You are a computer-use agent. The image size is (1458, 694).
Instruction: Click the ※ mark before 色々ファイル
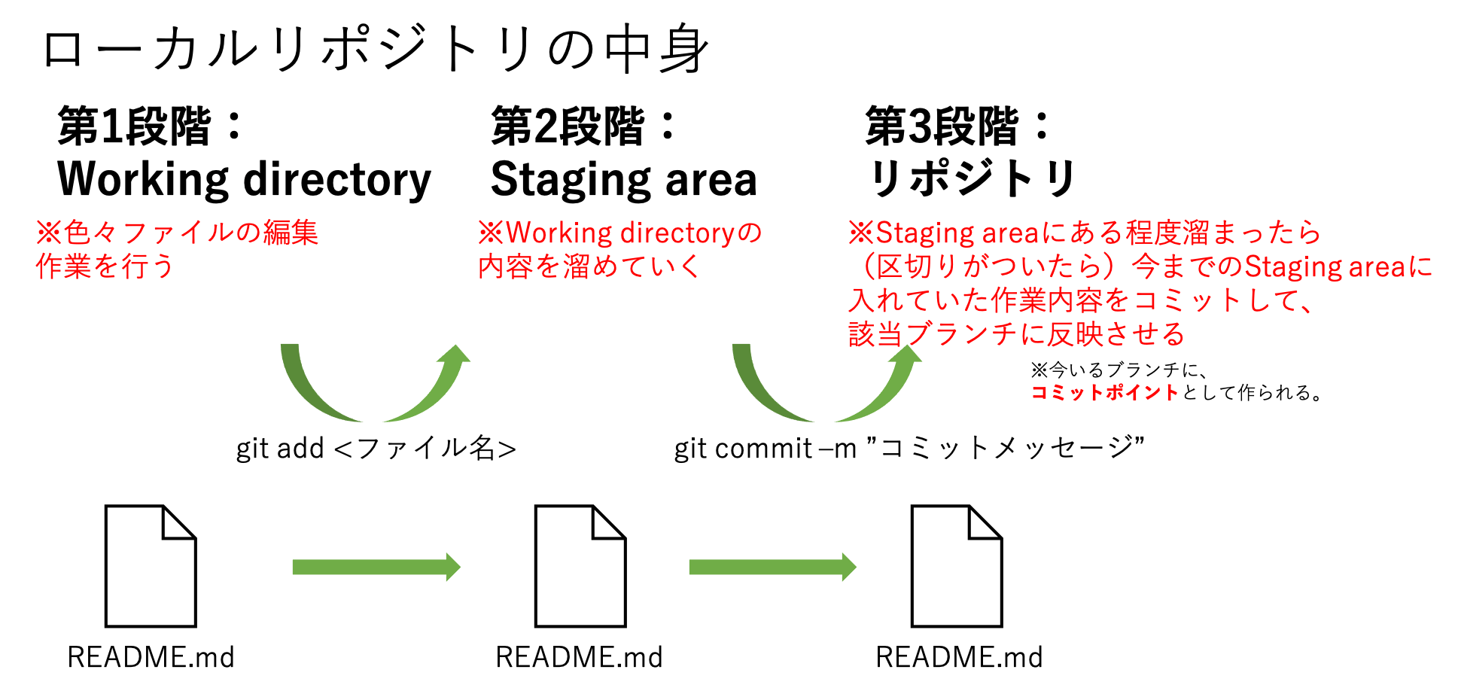[48, 233]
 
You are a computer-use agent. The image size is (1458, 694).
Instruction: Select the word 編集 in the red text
[291, 233]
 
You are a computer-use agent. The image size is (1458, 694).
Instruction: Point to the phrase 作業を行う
[105, 266]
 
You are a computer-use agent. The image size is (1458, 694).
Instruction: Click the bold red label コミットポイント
[1104, 392]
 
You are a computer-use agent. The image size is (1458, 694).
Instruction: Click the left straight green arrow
[376, 567]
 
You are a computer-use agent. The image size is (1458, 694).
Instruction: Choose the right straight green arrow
[772, 567]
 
